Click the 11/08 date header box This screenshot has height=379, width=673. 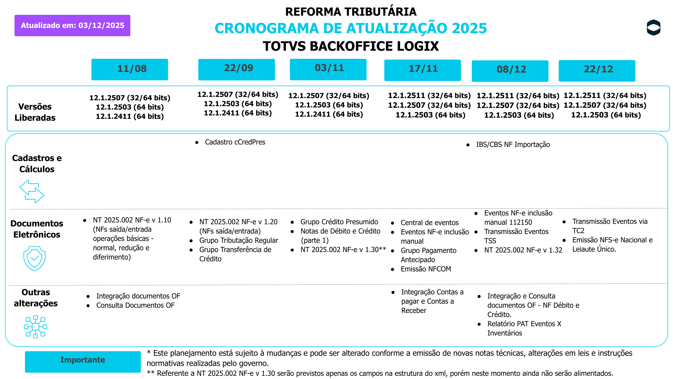(129, 69)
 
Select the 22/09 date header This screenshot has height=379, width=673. (236, 69)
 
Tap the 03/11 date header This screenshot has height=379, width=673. (328, 69)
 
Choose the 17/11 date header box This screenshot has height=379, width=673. (422, 70)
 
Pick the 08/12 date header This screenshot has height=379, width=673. (510, 71)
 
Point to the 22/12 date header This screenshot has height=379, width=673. (597, 71)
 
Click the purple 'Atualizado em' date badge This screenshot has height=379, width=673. (72, 25)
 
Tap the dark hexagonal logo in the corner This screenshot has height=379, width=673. (653, 27)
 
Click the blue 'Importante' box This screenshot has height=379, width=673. (83, 361)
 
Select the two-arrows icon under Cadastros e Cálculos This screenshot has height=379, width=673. (32, 191)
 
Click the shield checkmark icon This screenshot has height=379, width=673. (34, 258)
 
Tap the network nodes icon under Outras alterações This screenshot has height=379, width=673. (36, 326)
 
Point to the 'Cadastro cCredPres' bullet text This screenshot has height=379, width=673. (235, 142)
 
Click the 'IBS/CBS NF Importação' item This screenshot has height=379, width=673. (513, 144)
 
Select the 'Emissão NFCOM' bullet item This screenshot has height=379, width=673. (426, 269)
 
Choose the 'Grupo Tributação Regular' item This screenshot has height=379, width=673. (239, 240)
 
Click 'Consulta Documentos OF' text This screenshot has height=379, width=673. (135, 305)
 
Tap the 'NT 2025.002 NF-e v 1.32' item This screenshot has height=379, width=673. (523, 250)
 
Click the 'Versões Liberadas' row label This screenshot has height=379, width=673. (35, 112)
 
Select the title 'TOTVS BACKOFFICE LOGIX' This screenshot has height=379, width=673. (350, 46)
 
